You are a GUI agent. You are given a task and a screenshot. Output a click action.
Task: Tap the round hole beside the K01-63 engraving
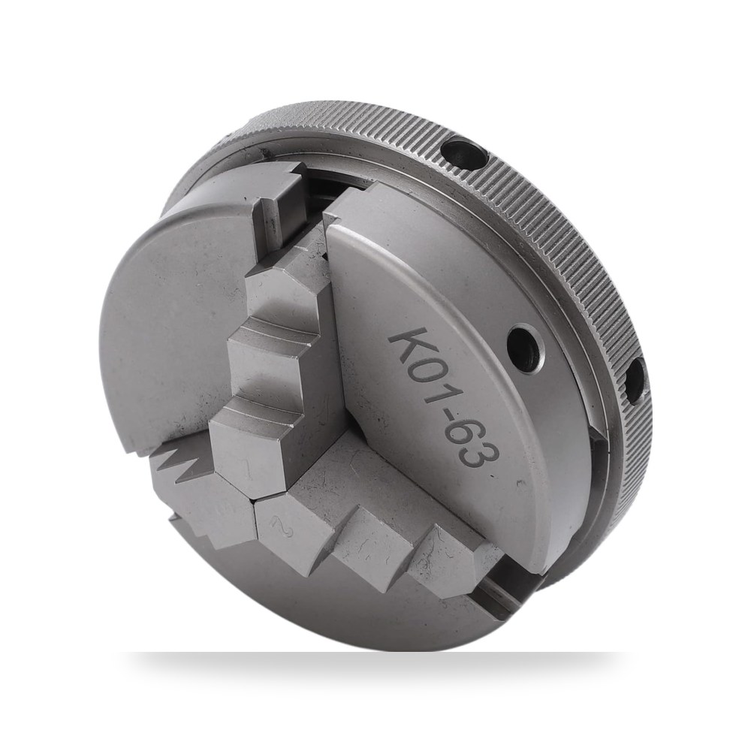526,348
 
